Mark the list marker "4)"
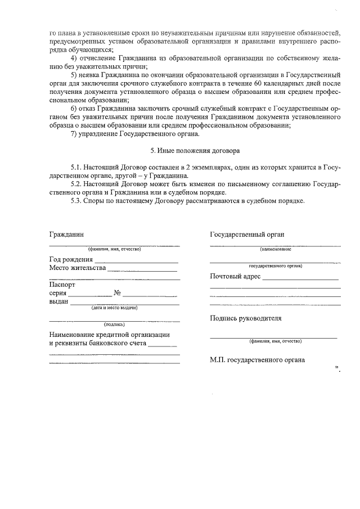[73, 58]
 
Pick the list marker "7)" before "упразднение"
[73, 133]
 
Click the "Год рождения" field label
[71, 259]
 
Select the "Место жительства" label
[78, 268]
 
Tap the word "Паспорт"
[62, 285]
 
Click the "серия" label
[58, 293]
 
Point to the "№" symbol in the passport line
[118, 293]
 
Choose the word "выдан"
[59, 301]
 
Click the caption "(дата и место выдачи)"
[115, 308]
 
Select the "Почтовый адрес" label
[235, 276]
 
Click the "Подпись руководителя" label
[245, 318]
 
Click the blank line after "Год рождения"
[136, 261]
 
